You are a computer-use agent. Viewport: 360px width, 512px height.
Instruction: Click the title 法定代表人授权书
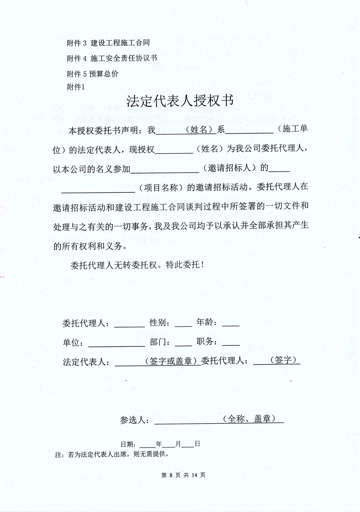180,101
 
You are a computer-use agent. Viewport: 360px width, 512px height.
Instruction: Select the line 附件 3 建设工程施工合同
108,43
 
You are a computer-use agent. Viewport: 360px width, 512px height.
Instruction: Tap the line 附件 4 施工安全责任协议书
112,58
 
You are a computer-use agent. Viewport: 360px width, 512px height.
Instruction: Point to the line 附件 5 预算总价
93,74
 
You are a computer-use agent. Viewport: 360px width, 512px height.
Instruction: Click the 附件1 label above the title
76,87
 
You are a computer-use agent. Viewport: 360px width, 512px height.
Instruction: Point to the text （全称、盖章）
249,419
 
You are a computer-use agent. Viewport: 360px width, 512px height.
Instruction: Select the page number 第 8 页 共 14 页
183,475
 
